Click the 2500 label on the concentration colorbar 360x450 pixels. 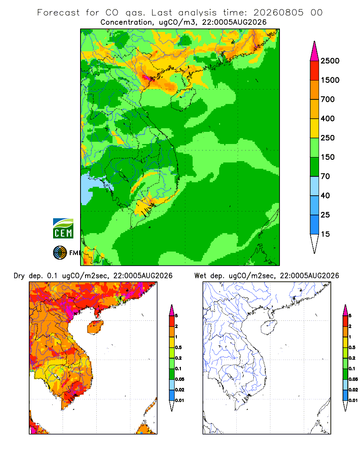tap(330, 61)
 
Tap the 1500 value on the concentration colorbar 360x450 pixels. tap(330, 80)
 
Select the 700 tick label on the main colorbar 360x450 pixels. tap(328, 99)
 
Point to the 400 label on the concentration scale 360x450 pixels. tap(328, 118)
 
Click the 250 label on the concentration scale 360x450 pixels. tap(328, 138)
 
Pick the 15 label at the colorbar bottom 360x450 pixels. tap(325, 234)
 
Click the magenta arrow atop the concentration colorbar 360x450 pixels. tap(315, 51)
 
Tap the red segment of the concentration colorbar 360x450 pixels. tap(315, 71)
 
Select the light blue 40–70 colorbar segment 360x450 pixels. tap(315, 186)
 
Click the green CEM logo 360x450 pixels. tap(63, 229)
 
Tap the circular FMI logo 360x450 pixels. tap(60, 253)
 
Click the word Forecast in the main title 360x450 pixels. tap(58, 13)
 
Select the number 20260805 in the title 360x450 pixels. tap(279, 13)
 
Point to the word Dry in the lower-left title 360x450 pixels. tap(19, 276)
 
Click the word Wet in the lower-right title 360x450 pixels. tap(200, 276)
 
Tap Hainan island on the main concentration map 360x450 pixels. tap(183, 99)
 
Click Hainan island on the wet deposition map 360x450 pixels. tap(269, 328)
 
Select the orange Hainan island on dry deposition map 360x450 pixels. tap(95, 328)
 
